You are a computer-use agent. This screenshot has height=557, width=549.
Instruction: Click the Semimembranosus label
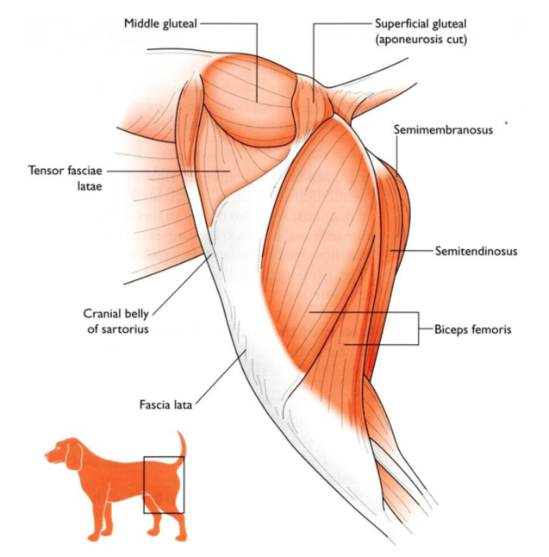[442, 129]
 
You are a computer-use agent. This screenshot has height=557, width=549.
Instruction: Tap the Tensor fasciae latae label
[66, 177]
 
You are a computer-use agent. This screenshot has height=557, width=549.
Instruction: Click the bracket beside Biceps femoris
[419, 329]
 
